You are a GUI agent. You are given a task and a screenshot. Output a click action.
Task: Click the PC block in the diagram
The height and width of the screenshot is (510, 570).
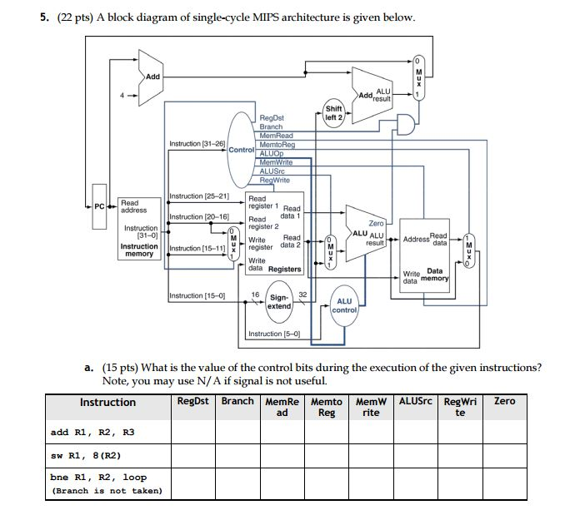point(100,205)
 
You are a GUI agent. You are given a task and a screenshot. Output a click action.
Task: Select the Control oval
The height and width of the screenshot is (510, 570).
point(242,150)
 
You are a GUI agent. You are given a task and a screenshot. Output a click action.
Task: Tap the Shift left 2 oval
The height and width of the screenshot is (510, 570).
point(333,113)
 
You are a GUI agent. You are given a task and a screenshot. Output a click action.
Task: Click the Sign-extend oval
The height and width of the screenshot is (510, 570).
point(279,301)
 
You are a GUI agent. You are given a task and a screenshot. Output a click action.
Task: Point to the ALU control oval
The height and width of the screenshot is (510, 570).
point(344,305)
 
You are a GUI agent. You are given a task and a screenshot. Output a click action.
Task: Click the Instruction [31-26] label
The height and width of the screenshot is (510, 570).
point(197,144)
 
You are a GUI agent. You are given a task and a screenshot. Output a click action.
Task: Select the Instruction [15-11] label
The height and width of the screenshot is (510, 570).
point(197,249)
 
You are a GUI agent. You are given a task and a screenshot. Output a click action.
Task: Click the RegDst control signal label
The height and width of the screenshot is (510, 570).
point(272,119)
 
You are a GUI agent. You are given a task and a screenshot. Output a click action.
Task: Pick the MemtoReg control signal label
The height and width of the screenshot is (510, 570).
point(277,145)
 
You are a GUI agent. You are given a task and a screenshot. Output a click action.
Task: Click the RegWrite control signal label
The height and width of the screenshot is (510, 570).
point(275,180)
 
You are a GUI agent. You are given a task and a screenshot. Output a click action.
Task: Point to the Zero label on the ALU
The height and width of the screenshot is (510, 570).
point(377,224)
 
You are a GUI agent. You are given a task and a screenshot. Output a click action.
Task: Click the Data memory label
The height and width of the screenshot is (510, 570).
point(434,275)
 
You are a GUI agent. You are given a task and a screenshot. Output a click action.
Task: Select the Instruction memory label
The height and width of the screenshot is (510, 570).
point(139,250)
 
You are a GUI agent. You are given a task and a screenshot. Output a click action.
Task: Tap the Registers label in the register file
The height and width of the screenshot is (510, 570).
point(285,269)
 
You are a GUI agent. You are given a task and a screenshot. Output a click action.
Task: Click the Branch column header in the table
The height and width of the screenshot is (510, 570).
point(237,401)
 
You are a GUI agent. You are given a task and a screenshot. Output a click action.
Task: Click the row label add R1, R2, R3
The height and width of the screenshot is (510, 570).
point(92,432)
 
